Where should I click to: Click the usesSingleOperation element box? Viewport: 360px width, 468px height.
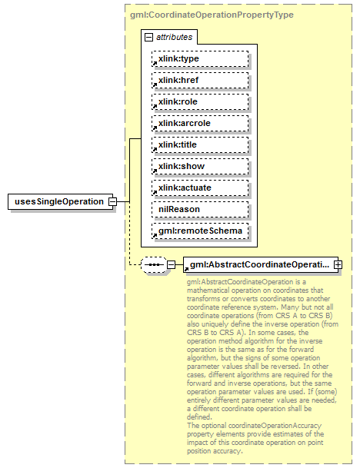pyautogui.click(x=57, y=201)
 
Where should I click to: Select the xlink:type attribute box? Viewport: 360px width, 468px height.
pyautogui.click(x=200, y=58)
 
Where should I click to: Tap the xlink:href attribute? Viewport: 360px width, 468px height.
pyautogui.click(x=200, y=80)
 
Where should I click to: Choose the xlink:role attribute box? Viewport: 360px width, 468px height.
pyautogui.click(x=200, y=101)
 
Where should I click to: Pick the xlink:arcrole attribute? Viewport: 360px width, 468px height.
pyautogui.click(x=200, y=123)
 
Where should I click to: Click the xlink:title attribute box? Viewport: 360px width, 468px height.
pyautogui.click(x=200, y=144)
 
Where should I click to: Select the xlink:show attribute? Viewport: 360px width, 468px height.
pyautogui.click(x=200, y=166)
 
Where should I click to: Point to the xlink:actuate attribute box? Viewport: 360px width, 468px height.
pyautogui.click(x=200, y=188)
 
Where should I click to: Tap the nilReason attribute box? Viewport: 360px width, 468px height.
pyautogui.click(x=200, y=209)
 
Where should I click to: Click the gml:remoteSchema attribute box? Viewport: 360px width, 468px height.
pyautogui.click(x=200, y=231)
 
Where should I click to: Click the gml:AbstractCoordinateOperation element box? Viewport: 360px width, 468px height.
pyautogui.click(x=258, y=265)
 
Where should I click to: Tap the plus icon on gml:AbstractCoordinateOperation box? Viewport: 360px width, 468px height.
pyautogui.click(x=337, y=265)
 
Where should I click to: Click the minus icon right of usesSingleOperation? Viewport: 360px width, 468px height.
pyautogui.click(x=112, y=201)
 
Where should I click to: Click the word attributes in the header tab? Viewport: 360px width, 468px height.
pyautogui.click(x=175, y=36)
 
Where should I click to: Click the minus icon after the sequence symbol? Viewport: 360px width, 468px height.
pyautogui.click(x=171, y=265)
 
